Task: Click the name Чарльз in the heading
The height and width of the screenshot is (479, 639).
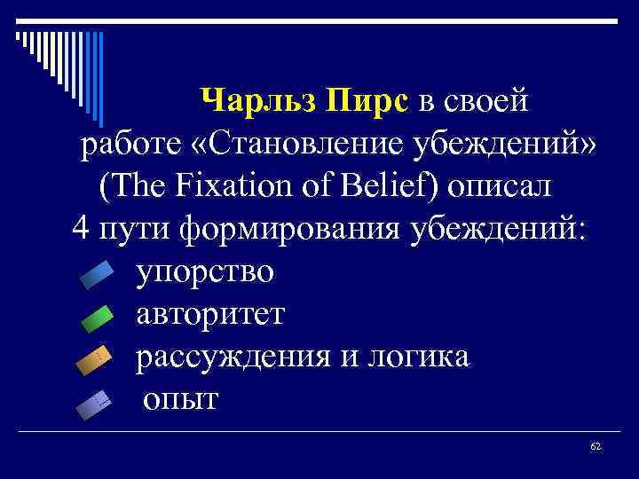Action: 259,102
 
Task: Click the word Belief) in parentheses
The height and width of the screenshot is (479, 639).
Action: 396,187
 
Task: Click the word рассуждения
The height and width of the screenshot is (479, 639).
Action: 225,357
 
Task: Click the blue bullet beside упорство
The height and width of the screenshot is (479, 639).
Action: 97,276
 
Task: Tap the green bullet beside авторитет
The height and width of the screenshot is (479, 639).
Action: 97,318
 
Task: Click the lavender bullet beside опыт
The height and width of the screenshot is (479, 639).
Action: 94,404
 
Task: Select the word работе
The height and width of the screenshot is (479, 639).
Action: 119,145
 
